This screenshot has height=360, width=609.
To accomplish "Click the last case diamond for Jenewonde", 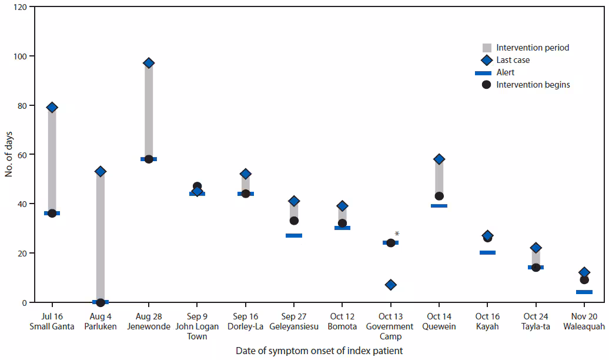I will coord(149,63).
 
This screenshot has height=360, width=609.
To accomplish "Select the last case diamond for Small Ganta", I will coord(52,107).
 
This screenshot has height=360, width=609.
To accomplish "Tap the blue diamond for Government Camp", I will coord(390,285).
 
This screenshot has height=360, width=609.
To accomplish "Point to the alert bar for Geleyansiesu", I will coord(294,235).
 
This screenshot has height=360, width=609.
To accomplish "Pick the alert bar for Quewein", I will coord(439,206).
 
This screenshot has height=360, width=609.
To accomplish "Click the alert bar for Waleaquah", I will coord(584,292).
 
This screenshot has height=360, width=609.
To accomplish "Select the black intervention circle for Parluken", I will coord(101,302).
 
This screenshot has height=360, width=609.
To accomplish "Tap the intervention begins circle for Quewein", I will coord(439,196).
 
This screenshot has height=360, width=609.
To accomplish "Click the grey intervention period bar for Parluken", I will coord(101,235).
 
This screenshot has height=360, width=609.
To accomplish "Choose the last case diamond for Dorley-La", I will coord(246,174).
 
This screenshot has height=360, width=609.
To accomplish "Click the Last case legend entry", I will coord(513,60).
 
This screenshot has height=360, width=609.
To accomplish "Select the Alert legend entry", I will coord(505,72).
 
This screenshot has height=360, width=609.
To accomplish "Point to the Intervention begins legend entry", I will coord(533,85).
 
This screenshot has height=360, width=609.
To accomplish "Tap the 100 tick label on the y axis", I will coord(20,56).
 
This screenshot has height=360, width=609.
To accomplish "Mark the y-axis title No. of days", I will coord(9,154).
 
